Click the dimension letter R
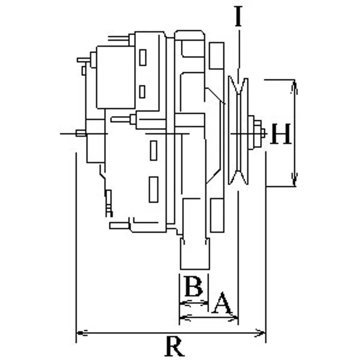175,346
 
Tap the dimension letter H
280,134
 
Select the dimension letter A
222,303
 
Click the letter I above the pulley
239,16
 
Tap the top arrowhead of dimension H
295,87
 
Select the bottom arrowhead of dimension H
295,180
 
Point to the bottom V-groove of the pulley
238,177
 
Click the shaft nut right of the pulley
257,133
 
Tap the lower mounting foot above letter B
195,254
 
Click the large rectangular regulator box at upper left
116,77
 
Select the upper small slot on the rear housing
143,58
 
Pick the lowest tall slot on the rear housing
153,189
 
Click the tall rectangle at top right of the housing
216,55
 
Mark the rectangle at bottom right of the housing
217,216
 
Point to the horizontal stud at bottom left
120,226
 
